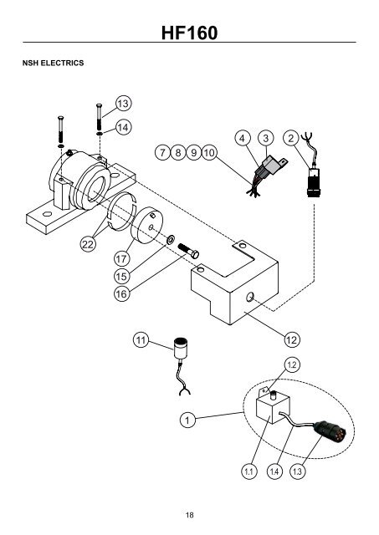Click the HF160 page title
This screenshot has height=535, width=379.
click(189, 33)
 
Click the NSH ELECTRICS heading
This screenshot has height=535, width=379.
click(53, 64)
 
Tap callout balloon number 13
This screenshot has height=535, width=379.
click(123, 103)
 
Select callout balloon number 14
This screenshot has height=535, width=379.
click(123, 127)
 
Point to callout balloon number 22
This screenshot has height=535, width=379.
click(88, 244)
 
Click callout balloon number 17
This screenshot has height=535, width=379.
click(121, 258)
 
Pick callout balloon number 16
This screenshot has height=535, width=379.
click(121, 293)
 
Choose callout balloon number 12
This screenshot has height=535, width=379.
click(292, 339)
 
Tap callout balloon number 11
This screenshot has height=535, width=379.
click(141, 340)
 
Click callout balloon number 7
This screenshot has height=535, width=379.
click(162, 152)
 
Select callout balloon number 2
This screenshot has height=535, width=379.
click(291, 138)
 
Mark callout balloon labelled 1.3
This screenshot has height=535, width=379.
click(297, 471)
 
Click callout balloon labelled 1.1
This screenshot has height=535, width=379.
click(249, 471)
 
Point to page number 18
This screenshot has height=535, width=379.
click(189, 515)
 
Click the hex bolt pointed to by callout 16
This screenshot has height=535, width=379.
click(188, 251)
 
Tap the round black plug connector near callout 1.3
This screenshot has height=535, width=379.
click(330, 431)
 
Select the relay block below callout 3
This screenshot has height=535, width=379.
click(272, 166)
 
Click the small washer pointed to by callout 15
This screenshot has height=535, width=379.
click(171, 240)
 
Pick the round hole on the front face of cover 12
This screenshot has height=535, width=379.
click(250, 298)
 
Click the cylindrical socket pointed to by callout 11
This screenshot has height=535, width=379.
click(181, 348)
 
